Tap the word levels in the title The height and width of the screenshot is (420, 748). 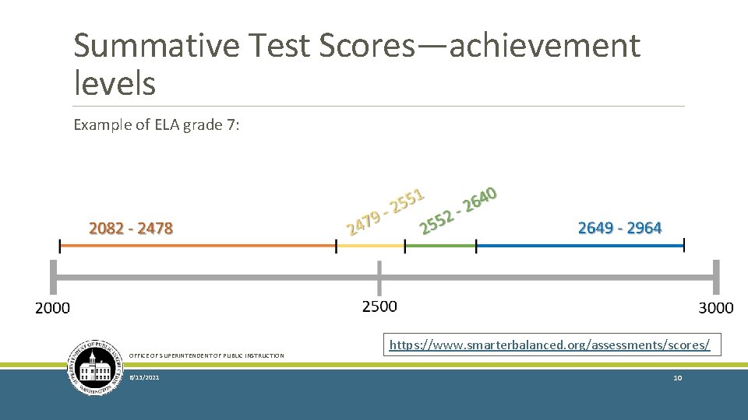115,82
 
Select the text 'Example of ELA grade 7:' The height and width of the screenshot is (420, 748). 156,124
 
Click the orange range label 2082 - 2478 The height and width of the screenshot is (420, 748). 131,229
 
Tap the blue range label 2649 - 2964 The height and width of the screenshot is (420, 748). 619,228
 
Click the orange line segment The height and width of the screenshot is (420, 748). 198,246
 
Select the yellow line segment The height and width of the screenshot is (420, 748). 371,246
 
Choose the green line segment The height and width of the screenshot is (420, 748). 440,246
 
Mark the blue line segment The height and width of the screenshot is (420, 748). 580,246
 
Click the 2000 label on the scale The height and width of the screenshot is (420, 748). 52,308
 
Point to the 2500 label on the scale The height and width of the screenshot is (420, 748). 379,306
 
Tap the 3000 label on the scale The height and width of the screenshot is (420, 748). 716,307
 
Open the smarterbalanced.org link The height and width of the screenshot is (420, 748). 549,344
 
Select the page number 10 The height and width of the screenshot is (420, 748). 677,377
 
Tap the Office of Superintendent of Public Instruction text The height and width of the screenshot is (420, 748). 206,355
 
